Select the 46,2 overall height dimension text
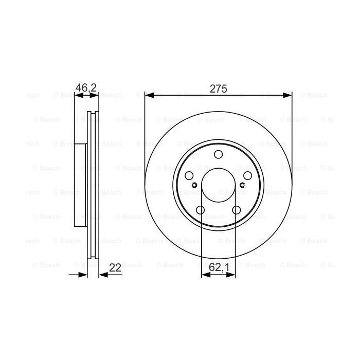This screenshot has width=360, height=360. point(86,88)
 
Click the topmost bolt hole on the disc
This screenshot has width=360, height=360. point(219,155)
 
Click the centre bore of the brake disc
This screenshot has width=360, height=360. point(219,186)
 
